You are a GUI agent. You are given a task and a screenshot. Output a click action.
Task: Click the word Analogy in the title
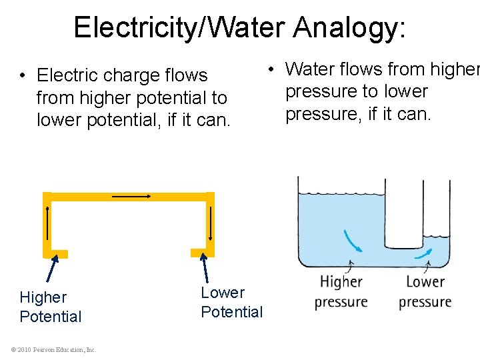(x=347, y=28)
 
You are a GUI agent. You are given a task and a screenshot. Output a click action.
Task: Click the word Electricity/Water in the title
(x=179, y=28)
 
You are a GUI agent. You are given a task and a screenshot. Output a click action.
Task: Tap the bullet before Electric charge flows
(x=23, y=76)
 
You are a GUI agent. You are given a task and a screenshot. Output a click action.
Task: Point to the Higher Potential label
(x=51, y=307)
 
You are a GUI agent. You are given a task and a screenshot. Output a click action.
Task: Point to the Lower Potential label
(x=231, y=302)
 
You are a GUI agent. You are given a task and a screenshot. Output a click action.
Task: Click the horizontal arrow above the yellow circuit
(x=131, y=196)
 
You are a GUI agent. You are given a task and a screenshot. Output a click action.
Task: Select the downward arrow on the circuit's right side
(x=209, y=223)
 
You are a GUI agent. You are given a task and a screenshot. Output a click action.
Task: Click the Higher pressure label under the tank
(x=341, y=291)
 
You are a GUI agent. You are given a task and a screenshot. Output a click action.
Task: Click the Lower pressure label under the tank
(x=425, y=291)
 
